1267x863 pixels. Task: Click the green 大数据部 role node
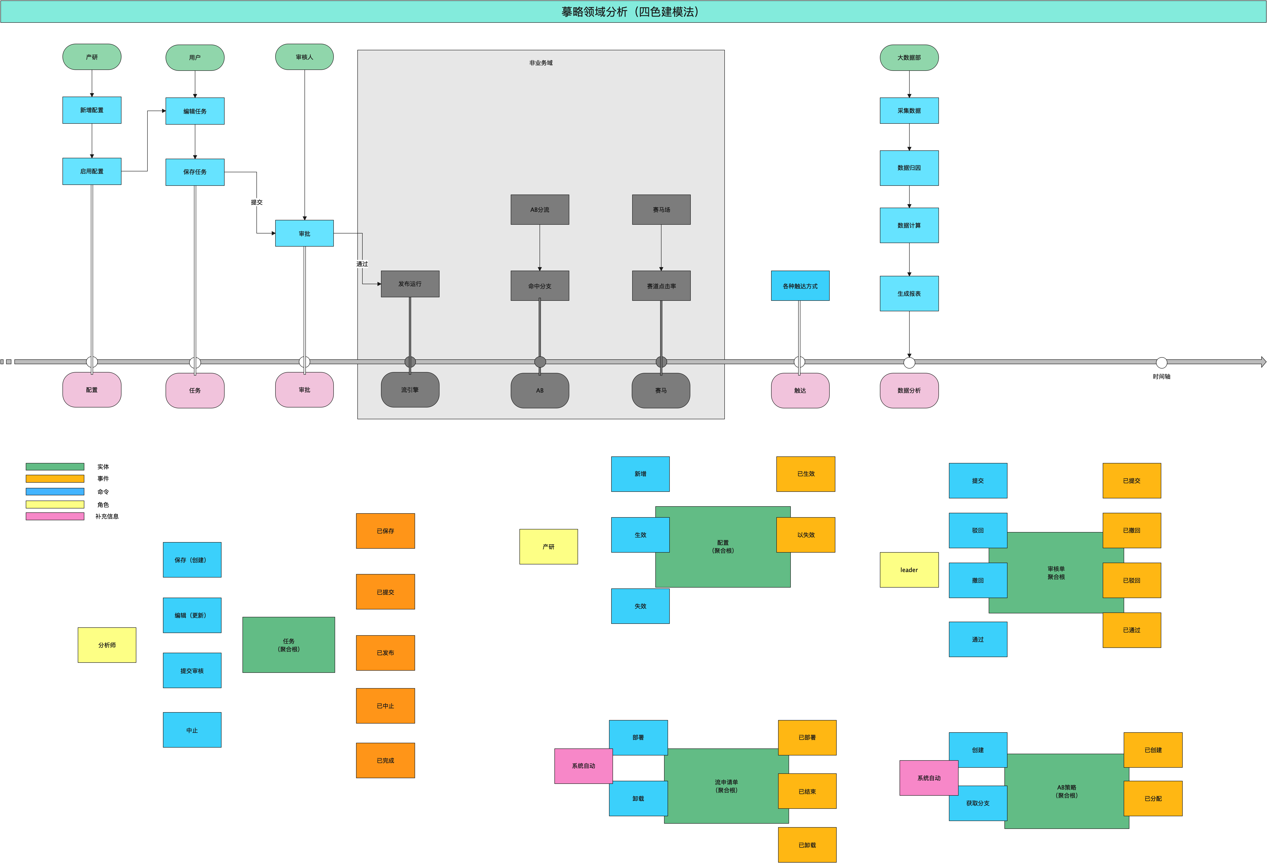[x=909, y=57]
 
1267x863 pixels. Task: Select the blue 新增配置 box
[x=92, y=110]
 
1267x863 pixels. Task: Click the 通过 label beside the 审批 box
[x=362, y=264]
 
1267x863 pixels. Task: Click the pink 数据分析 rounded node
[x=909, y=391]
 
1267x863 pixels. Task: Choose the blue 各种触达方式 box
[x=800, y=286]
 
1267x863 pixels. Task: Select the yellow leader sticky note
[x=909, y=570]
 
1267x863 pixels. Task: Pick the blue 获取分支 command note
[x=978, y=804]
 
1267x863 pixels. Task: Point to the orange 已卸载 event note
[x=807, y=845]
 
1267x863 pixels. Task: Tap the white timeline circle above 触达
[x=799, y=362]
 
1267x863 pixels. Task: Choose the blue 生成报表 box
[x=909, y=294]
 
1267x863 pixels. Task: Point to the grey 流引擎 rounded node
[x=410, y=390]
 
